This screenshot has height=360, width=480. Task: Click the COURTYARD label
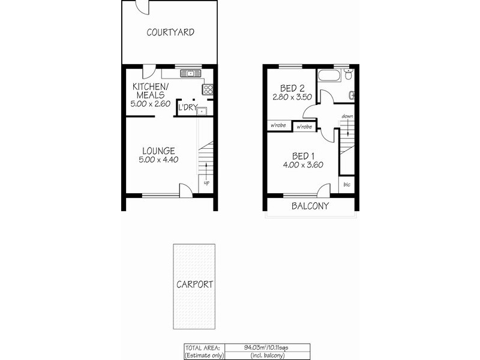tap(170, 32)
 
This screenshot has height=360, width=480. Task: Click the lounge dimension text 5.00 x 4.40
tap(158, 160)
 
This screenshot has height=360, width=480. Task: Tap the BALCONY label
tap(310, 206)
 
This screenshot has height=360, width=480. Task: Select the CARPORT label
tap(194, 284)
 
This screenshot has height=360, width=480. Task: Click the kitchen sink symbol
tap(190, 74)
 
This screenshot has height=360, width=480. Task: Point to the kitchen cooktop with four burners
tap(209, 89)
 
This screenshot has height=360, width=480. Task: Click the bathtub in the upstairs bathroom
tap(331, 77)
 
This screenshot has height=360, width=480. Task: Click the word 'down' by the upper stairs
tap(347, 116)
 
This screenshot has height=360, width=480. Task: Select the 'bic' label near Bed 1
tap(347, 184)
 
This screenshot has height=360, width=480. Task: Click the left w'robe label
tap(277, 126)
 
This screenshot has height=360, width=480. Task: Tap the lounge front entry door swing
tap(187, 189)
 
